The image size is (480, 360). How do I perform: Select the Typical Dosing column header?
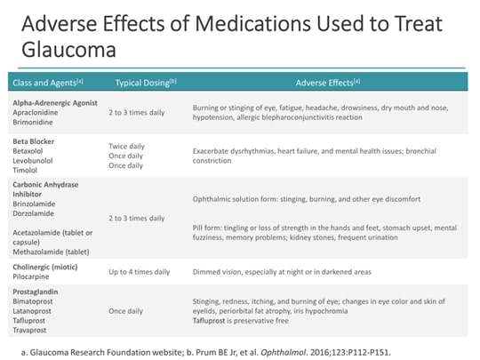(x=146, y=83)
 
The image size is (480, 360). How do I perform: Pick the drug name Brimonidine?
(x=36, y=123)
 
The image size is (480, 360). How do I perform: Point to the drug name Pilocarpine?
(x=34, y=276)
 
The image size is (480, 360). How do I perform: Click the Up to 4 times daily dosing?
(x=140, y=271)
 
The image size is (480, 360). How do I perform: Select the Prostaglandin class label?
(x=37, y=291)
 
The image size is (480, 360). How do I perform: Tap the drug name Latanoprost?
(x=36, y=308)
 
